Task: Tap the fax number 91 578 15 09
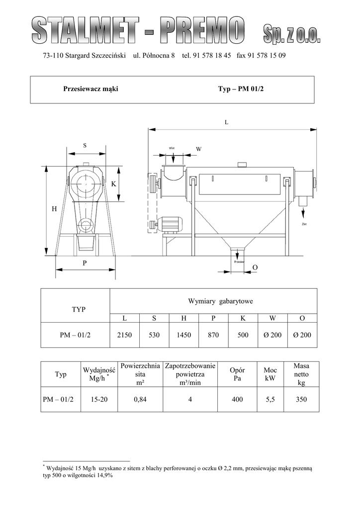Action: pyautogui.click(x=266, y=56)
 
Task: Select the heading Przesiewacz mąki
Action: pyautogui.click(x=90, y=89)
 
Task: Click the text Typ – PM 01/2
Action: pyautogui.click(x=241, y=89)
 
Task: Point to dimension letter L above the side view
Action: pyautogui.click(x=227, y=122)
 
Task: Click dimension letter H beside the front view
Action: pyautogui.click(x=54, y=209)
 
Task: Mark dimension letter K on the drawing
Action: pyautogui.click(x=113, y=184)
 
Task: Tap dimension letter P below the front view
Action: pyautogui.click(x=85, y=263)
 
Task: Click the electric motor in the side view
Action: pyautogui.click(x=171, y=225)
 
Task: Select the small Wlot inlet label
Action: pyautogui.click(x=172, y=148)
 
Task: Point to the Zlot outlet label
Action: pyautogui.click(x=304, y=224)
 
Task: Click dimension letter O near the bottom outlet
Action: pyautogui.click(x=255, y=267)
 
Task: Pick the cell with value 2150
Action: pyautogui.click(x=125, y=335)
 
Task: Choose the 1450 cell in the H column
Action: pyautogui.click(x=184, y=335)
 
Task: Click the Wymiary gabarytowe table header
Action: pyautogui.click(x=220, y=301)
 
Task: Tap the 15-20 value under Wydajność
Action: pyautogui.click(x=99, y=399)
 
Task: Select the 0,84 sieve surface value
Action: pyautogui.click(x=140, y=399)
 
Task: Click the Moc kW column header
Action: pyautogui.click(x=270, y=374)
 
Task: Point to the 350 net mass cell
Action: pyautogui.click(x=301, y=399)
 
